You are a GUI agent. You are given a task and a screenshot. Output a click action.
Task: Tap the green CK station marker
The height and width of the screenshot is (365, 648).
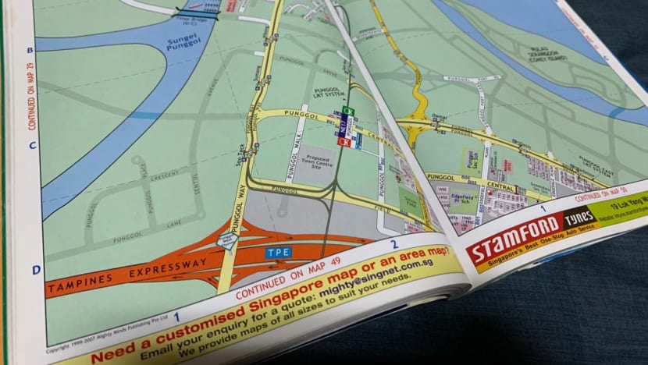tap(349, 112)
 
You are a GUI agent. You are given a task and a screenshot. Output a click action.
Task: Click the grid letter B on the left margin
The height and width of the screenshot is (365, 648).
tap(30, 50)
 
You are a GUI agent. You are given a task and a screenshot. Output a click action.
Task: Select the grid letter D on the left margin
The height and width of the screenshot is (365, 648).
tap(36, 269)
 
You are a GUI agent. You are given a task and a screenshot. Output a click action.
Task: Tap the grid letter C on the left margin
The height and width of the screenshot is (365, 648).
tap(32, 145)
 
